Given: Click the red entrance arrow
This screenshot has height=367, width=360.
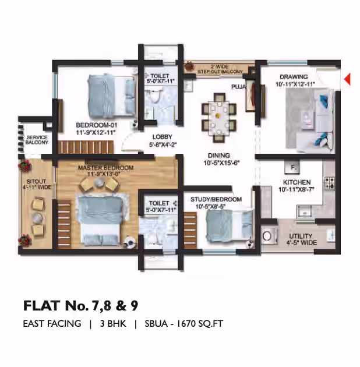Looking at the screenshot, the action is coord(348,79).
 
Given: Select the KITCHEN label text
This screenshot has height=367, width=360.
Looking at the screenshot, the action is coord(297,182).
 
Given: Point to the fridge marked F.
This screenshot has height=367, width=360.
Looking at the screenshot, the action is coord(292,167).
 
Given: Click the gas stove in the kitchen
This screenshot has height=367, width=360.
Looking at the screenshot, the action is coord(329,183).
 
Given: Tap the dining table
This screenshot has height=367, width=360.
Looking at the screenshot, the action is coord(219,118).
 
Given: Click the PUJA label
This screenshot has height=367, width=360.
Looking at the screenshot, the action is coord(238,87).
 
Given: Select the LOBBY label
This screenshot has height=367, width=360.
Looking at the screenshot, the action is coord(162,137).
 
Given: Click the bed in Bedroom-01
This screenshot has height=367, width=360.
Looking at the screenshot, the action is coord(112,96).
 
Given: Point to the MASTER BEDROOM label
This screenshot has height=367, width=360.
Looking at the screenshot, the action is coord(106,168).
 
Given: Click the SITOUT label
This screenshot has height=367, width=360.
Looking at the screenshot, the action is coord(36,181).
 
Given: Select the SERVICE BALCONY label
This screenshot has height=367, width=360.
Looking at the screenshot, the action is coord(37,140).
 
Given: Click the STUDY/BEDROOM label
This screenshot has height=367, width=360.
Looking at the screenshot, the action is coord(216,199).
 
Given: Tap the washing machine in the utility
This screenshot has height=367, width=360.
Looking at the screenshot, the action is coord(268,235).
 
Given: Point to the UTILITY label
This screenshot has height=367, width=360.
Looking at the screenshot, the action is coord(301,236).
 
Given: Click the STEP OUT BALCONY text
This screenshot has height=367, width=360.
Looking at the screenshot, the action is coord(220,72).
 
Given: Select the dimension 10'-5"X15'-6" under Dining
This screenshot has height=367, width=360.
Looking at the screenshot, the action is coord(221,163).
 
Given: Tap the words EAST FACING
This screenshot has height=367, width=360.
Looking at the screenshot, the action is coord(52,324).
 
